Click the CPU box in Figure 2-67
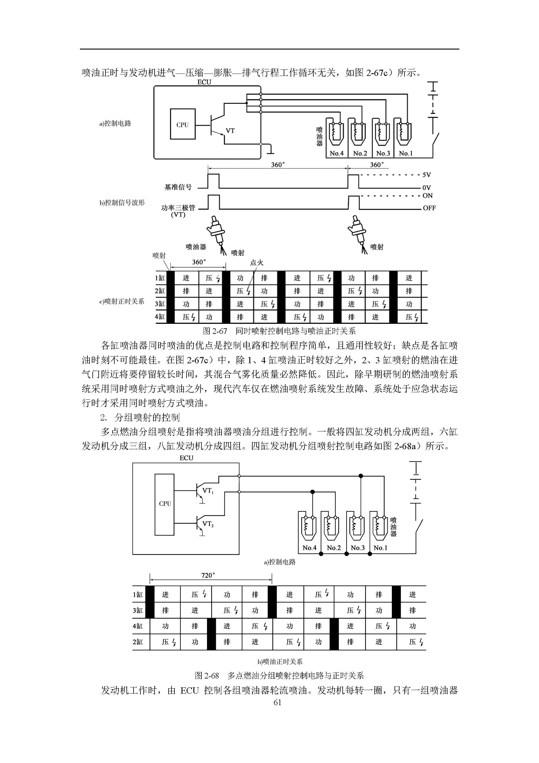coord(182,124)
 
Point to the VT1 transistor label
coord(208,491)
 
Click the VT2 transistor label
coord(208,524)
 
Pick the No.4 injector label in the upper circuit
coord(336,153)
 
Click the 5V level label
coord(426,175)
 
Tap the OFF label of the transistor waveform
coord(429,208)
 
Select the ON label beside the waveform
coord(427,196)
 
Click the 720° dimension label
coord(208,575)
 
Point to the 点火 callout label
coord(256,262)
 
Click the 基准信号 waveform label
coord(178,187)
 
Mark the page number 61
coord(277,702)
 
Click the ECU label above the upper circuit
coord(204,82)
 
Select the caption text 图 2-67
coord(215,331)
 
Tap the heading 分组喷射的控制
coord(147,418)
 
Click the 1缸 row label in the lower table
coord(138,595)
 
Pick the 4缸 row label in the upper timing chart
coord(160,317)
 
